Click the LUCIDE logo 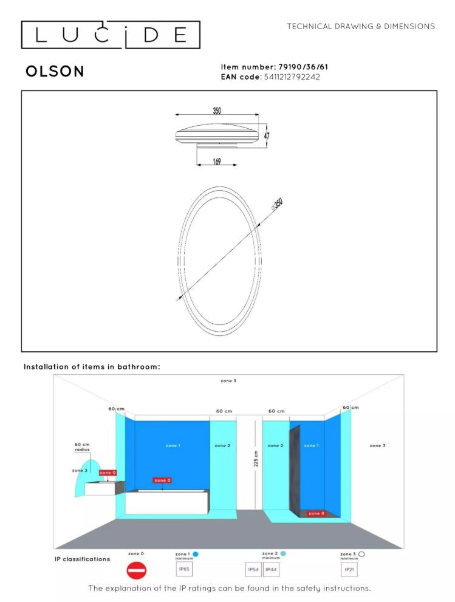(111, 35)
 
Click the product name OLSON (55, 72)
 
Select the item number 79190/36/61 (303, 67)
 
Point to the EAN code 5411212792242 (292, 77)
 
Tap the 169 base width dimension (217, 161)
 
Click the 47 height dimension (267, 135)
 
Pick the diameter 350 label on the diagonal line (277, 204)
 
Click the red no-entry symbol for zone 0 (136, 570)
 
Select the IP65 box (184, 569)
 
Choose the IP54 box (253, 569)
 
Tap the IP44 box (271, 569)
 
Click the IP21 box (349, 569)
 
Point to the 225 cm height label (256, 459)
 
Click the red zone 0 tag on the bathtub (162, 481)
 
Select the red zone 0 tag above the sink (108, 473)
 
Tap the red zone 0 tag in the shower (316, 513)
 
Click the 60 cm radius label (82, 447)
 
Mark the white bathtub (166, 502)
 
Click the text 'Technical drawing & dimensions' (361, 27)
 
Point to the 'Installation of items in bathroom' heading (92, 367)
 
